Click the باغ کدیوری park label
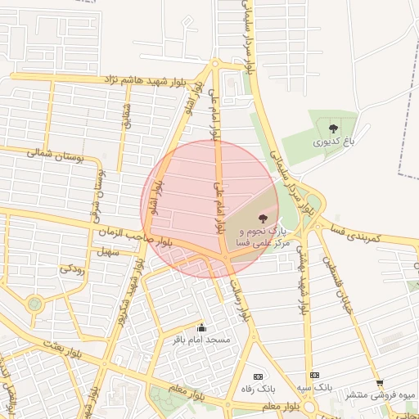(x=334, y=142)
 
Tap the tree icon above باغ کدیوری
(x=333, y=128)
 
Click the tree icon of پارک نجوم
(x=262, y=218)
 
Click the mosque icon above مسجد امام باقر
(x=202, y=327)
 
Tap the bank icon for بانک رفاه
(x=259, y=376)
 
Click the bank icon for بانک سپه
(x=314, y=375)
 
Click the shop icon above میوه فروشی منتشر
(x=379, y=382)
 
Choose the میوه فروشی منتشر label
(x=380, y=394)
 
